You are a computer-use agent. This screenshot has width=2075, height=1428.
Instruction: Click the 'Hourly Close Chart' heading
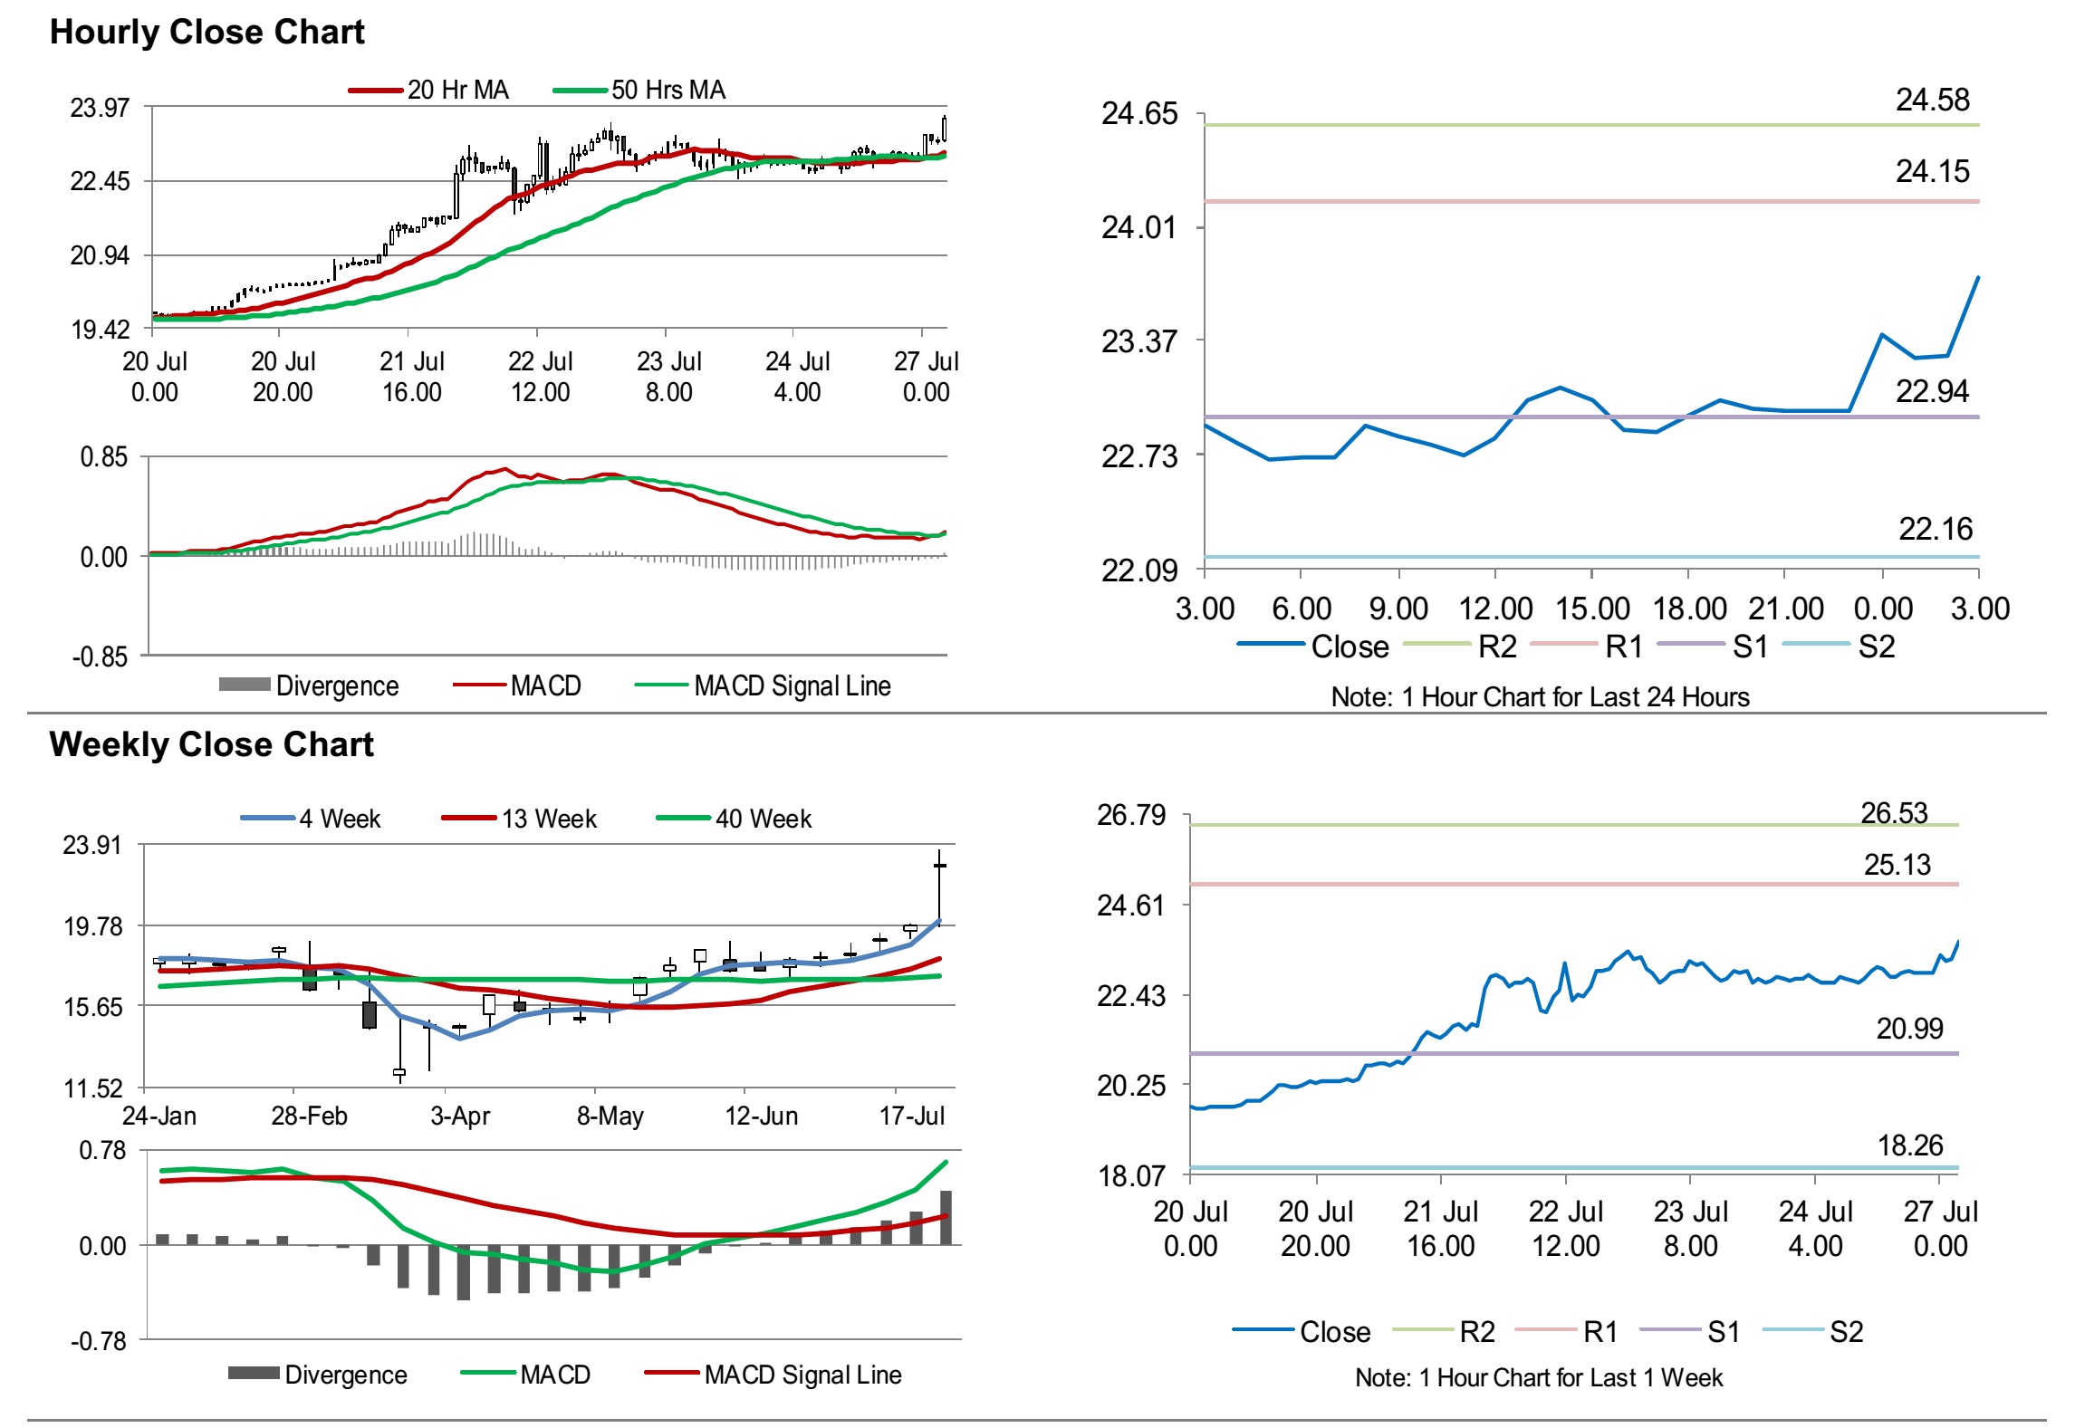(x=207, y=33)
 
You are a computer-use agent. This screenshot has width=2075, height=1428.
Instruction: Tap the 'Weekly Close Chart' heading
(x=211, y=744)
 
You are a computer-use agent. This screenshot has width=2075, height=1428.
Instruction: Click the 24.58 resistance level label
(x=1932, y=100)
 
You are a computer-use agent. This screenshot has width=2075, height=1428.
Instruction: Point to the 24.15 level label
(x=1932, y=171)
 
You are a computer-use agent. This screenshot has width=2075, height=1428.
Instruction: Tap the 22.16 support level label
(x=1935, y=529)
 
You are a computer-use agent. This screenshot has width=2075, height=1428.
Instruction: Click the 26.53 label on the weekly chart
(x=1894, y=813)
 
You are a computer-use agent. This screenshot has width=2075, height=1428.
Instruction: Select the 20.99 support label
(x=1909, y=1029)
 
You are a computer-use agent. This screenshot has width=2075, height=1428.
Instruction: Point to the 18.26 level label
(x=1910, y=1145)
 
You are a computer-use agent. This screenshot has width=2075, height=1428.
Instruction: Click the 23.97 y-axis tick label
(x=100, y=108)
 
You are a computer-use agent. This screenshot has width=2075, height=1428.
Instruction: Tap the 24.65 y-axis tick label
(x=1138, y=114)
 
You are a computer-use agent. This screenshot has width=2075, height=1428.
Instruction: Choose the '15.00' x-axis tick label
(x=1592, y=609)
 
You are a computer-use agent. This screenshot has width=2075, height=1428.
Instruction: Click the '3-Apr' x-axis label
(x=460, y=1116)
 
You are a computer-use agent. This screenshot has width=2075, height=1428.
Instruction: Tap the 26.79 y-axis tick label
(x=1131, y=815)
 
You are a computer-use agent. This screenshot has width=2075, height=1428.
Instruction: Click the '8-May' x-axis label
(x=610, y=1116)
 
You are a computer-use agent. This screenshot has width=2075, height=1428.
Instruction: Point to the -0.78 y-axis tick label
(x=98, y=1341)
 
